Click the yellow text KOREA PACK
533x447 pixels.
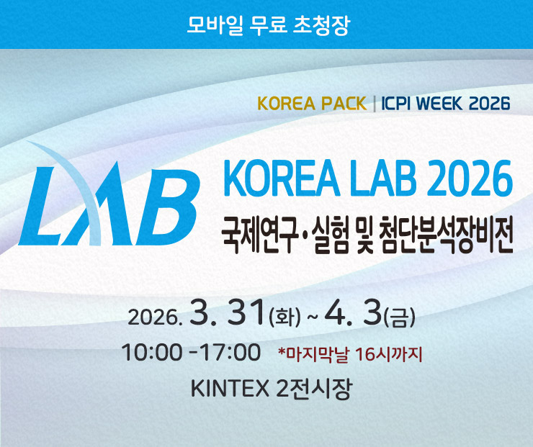(x=312, y=104)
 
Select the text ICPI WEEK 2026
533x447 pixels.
(x=445, y=104)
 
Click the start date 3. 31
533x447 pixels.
(x=227, y=313)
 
